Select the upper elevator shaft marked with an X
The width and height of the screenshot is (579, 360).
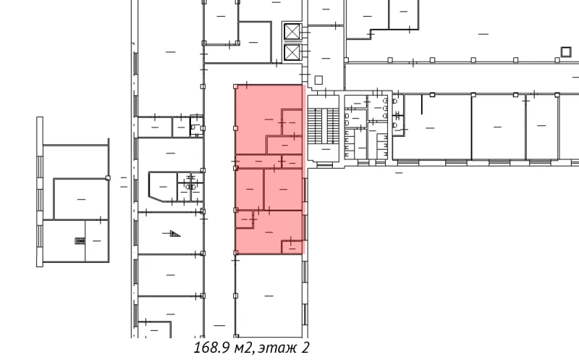292,32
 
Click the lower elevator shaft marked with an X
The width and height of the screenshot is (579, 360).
292,52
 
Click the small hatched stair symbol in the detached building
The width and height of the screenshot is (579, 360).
77,241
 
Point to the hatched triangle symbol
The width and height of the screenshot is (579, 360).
174,233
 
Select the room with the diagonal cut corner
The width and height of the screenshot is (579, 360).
162,187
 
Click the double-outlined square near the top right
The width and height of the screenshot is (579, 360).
567,50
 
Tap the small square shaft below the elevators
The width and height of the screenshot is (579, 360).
318,79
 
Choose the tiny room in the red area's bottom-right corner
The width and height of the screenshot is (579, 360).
291,247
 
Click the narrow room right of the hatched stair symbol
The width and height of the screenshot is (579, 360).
96,241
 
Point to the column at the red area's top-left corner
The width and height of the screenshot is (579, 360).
235,85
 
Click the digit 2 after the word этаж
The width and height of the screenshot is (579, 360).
306,348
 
